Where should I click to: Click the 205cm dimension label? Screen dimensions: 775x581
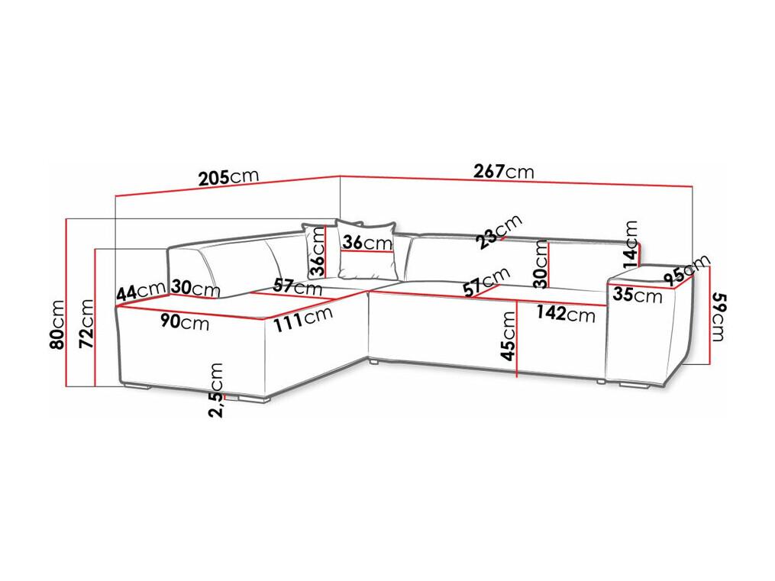coord(228,177)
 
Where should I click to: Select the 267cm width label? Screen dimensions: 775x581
coord(504,172)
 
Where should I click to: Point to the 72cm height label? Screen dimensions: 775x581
coord(86,323)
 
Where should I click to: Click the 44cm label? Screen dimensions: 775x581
coord(140,291)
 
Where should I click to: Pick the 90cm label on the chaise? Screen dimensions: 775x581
coord(185,322)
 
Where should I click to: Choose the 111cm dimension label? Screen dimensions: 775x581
coord(303,318)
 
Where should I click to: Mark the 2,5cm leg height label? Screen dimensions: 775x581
coord(216,390)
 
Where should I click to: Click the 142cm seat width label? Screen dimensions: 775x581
coord(565,313)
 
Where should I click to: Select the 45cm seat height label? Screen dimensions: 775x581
coord(508,335)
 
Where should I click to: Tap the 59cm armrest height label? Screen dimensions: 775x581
coord(718,317)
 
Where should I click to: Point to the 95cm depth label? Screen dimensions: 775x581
coord(687,270)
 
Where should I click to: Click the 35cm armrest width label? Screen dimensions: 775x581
coord(637,295)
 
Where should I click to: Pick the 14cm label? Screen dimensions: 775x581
coord(630,240)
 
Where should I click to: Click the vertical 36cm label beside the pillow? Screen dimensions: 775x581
coord(318,251)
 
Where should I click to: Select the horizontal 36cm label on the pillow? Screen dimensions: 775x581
coord(367,243)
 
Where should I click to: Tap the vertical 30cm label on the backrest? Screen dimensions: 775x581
coord(542,263)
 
